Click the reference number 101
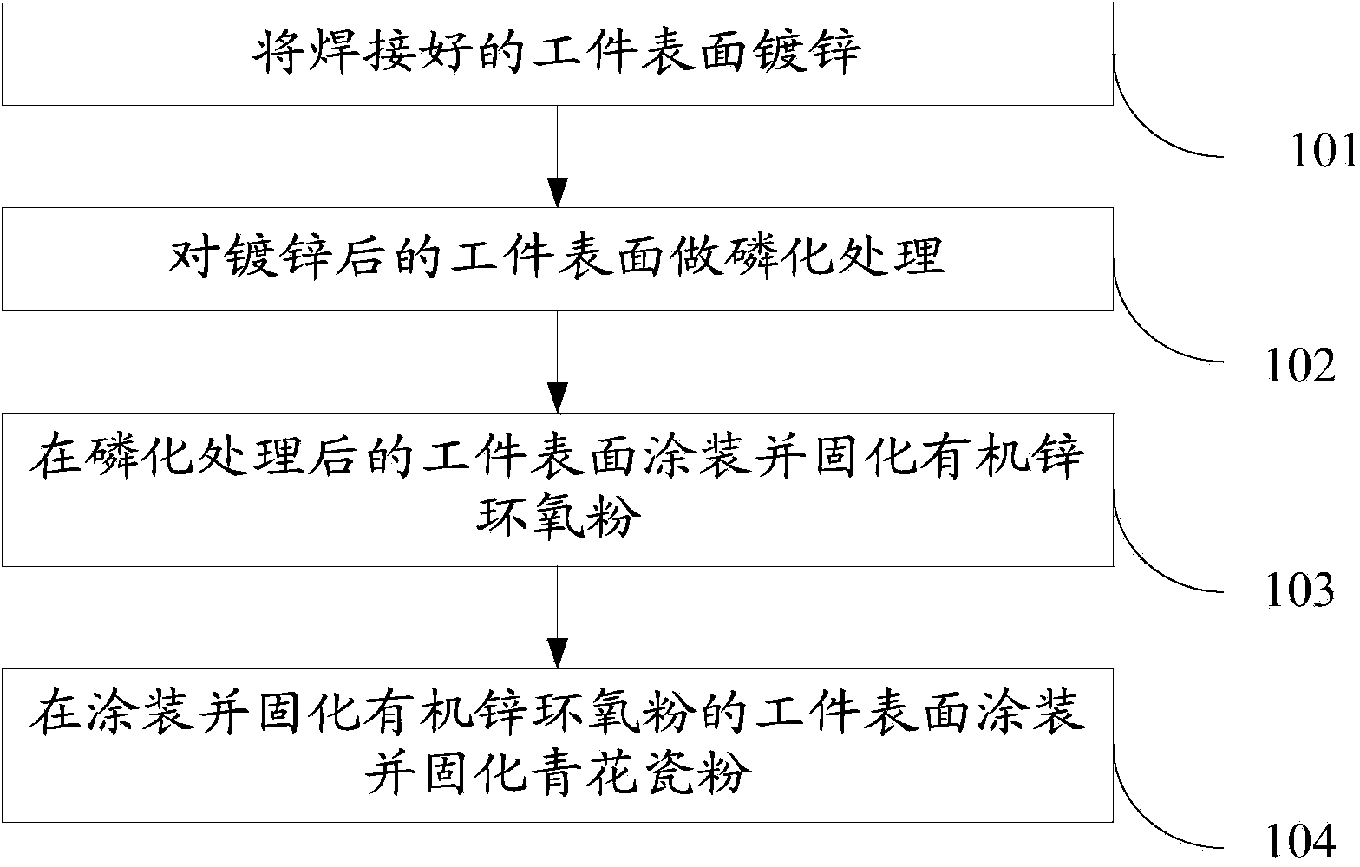(x=1324, y=153)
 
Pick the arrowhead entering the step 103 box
(x=557, y=396)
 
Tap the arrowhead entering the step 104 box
(x=557, y=653)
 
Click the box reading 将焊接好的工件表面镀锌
(x=557, y=54)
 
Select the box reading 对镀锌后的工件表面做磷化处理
(x=557, y=258)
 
